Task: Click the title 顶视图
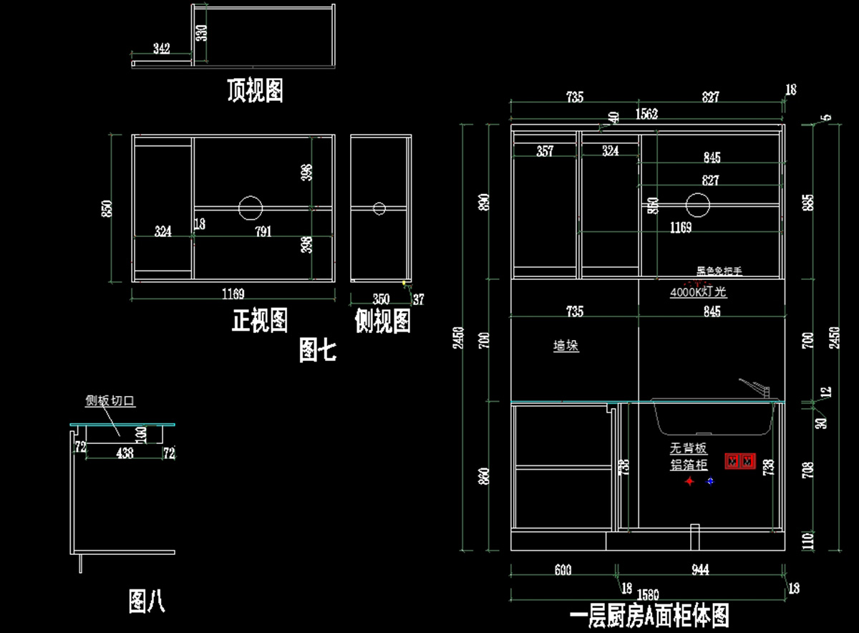pos(255,91)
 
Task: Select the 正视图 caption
pos(260,320)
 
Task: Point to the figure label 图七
pos(317,350)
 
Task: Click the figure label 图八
pos(147,601)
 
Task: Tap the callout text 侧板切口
pos(110,401)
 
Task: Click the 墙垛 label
pos(566,346)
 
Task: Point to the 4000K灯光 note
pos(699,292)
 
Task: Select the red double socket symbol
pos(739,462)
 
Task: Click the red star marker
pos(689,482)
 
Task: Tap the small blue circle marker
pos(710,481)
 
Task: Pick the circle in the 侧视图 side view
pos(379,208)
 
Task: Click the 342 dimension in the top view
pos(162,49)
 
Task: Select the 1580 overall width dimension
pos(647,594)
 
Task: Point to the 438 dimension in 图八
pos(125,453)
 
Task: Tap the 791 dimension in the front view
pos(264,231)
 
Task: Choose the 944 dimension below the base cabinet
pos(700,570)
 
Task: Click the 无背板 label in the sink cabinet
pos(689,449)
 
